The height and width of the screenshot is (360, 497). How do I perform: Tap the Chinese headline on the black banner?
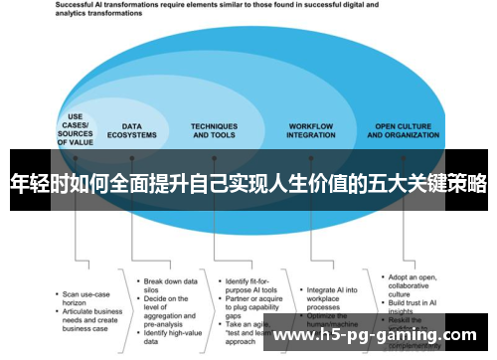point(248,184)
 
